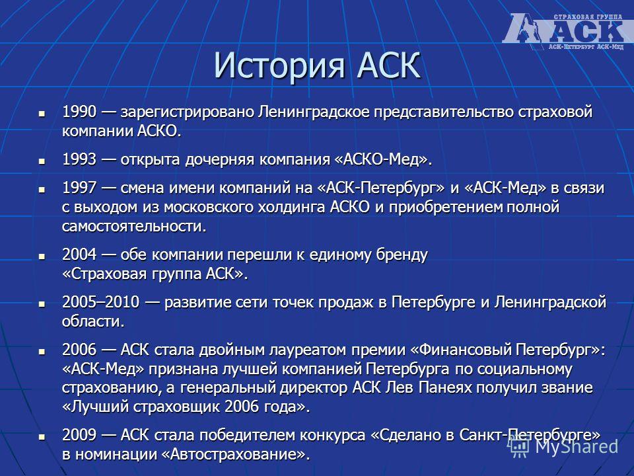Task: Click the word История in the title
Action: [279, 65]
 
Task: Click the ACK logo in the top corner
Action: [567, 31]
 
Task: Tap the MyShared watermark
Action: [564, 446]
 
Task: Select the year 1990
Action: [79, 112]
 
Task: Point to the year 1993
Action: [79, 159]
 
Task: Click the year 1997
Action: [79, 188]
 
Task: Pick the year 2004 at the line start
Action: [79, 255]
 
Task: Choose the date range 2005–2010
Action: [100, 302]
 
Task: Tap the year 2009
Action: [79, 435]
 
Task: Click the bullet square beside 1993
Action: [42, 161]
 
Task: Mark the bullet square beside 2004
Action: [42, 257]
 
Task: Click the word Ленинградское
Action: [314, 112]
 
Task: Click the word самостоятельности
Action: [134, 226]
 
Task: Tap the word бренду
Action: [402, 255]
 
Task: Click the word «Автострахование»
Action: [235, 454]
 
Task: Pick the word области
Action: [93, 321]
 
